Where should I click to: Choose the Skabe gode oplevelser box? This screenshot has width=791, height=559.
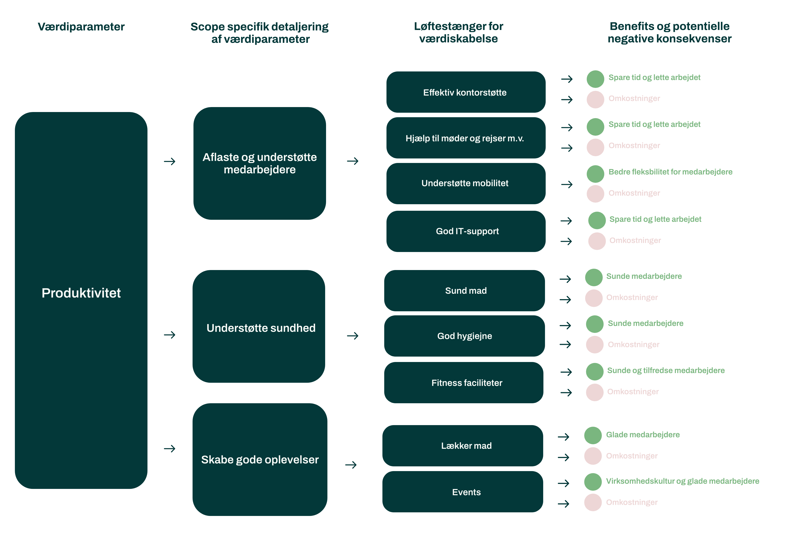pos(260,459)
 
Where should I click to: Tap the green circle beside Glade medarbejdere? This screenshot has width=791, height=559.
pos(593,435)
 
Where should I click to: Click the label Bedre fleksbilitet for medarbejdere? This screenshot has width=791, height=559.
pos(670,172)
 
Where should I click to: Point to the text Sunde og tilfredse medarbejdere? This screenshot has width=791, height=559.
pos(666,370)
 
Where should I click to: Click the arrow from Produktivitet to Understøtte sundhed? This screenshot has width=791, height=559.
pos(170,334)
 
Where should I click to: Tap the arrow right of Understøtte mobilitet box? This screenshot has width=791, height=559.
pos(567,185)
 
